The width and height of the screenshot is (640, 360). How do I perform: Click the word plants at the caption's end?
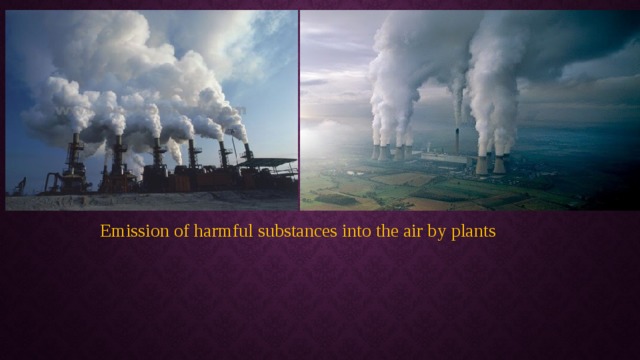(x=473, y=232)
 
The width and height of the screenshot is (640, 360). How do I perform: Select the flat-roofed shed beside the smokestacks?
(x=272, y=166)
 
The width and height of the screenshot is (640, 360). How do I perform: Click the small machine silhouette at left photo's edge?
(x=18, y=187)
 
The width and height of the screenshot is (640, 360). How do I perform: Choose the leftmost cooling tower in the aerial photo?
(x=376, y=151)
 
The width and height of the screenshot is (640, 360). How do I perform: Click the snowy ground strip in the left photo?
(x=150, y=202)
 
